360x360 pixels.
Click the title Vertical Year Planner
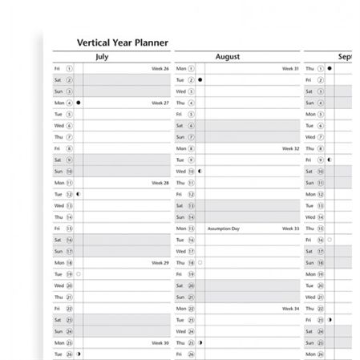pos(122,43)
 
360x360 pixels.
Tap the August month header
pos(228,57)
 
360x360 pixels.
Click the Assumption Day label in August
pos(224,229)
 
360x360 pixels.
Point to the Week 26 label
pos(160,69)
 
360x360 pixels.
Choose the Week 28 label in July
pos(160,183)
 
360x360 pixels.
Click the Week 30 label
pos(160,342)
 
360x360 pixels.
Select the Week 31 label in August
pos(290,69)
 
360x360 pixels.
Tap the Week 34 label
pos(290,308)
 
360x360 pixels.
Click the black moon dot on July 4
pos(79,103)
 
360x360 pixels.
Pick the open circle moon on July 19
pos(79,274)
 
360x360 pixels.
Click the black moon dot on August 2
pos(200,80)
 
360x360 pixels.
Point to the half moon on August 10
pos(200,171)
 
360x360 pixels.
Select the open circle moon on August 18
pos(200,262)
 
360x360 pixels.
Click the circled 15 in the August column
pos(191,229)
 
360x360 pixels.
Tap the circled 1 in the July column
pos(69,69)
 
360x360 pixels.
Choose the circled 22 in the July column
pos(69,308)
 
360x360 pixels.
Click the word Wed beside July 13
pos(59,205)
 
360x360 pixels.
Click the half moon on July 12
pos(79,194)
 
